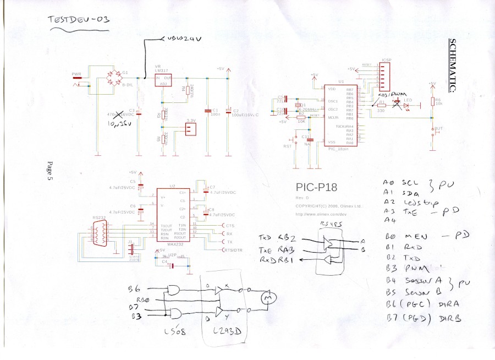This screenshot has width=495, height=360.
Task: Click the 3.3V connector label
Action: tap(191, 121)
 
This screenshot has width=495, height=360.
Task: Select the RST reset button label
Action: tap(287, 147)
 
